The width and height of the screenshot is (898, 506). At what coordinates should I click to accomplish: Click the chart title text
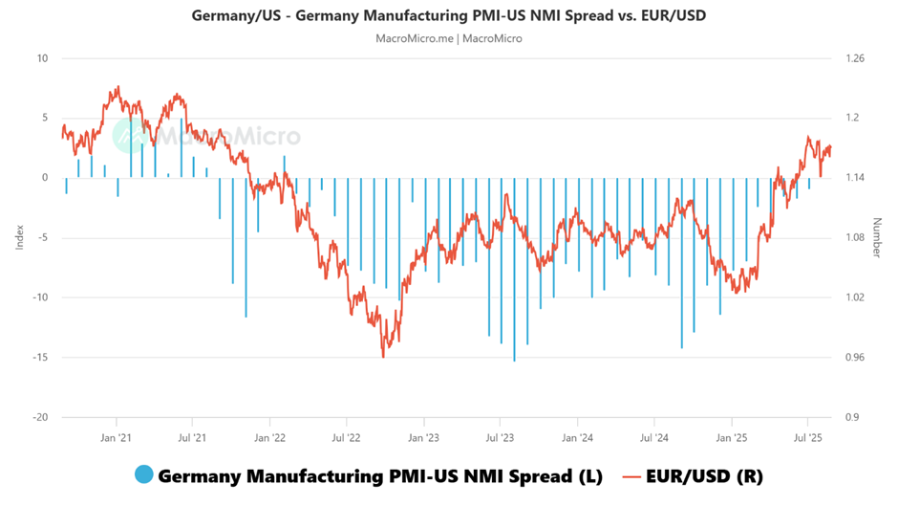(x=449, y=16)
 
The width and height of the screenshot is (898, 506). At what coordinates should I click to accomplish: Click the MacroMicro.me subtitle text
(x=449, y=38)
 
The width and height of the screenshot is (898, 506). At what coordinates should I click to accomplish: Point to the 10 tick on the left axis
(x=41, y=58)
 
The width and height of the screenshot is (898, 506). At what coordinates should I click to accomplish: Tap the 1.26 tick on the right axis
(x=856, y=58)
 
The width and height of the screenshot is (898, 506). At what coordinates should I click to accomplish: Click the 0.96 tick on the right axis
(x=856, y=358)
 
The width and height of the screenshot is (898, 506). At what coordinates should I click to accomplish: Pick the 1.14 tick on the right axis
(x=856, y=178)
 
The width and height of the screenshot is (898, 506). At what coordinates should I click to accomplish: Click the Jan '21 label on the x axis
(x=116, y=438)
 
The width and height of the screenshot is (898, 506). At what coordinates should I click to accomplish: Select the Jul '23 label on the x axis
(x=500, y=438)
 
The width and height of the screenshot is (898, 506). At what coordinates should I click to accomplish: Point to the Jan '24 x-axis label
(x=576, y=438)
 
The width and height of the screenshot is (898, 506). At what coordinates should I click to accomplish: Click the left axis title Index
(x=19, y=237)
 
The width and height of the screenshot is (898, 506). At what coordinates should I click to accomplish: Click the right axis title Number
(x=877, y=237)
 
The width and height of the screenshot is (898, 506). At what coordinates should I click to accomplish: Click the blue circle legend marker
(x=144, y=474)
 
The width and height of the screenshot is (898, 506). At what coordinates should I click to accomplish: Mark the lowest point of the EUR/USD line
(x=384, y=357)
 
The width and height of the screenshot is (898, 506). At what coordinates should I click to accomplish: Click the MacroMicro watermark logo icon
(x=130, y=137)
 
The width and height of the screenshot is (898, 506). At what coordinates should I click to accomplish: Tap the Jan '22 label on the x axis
(x=269, y=438)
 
